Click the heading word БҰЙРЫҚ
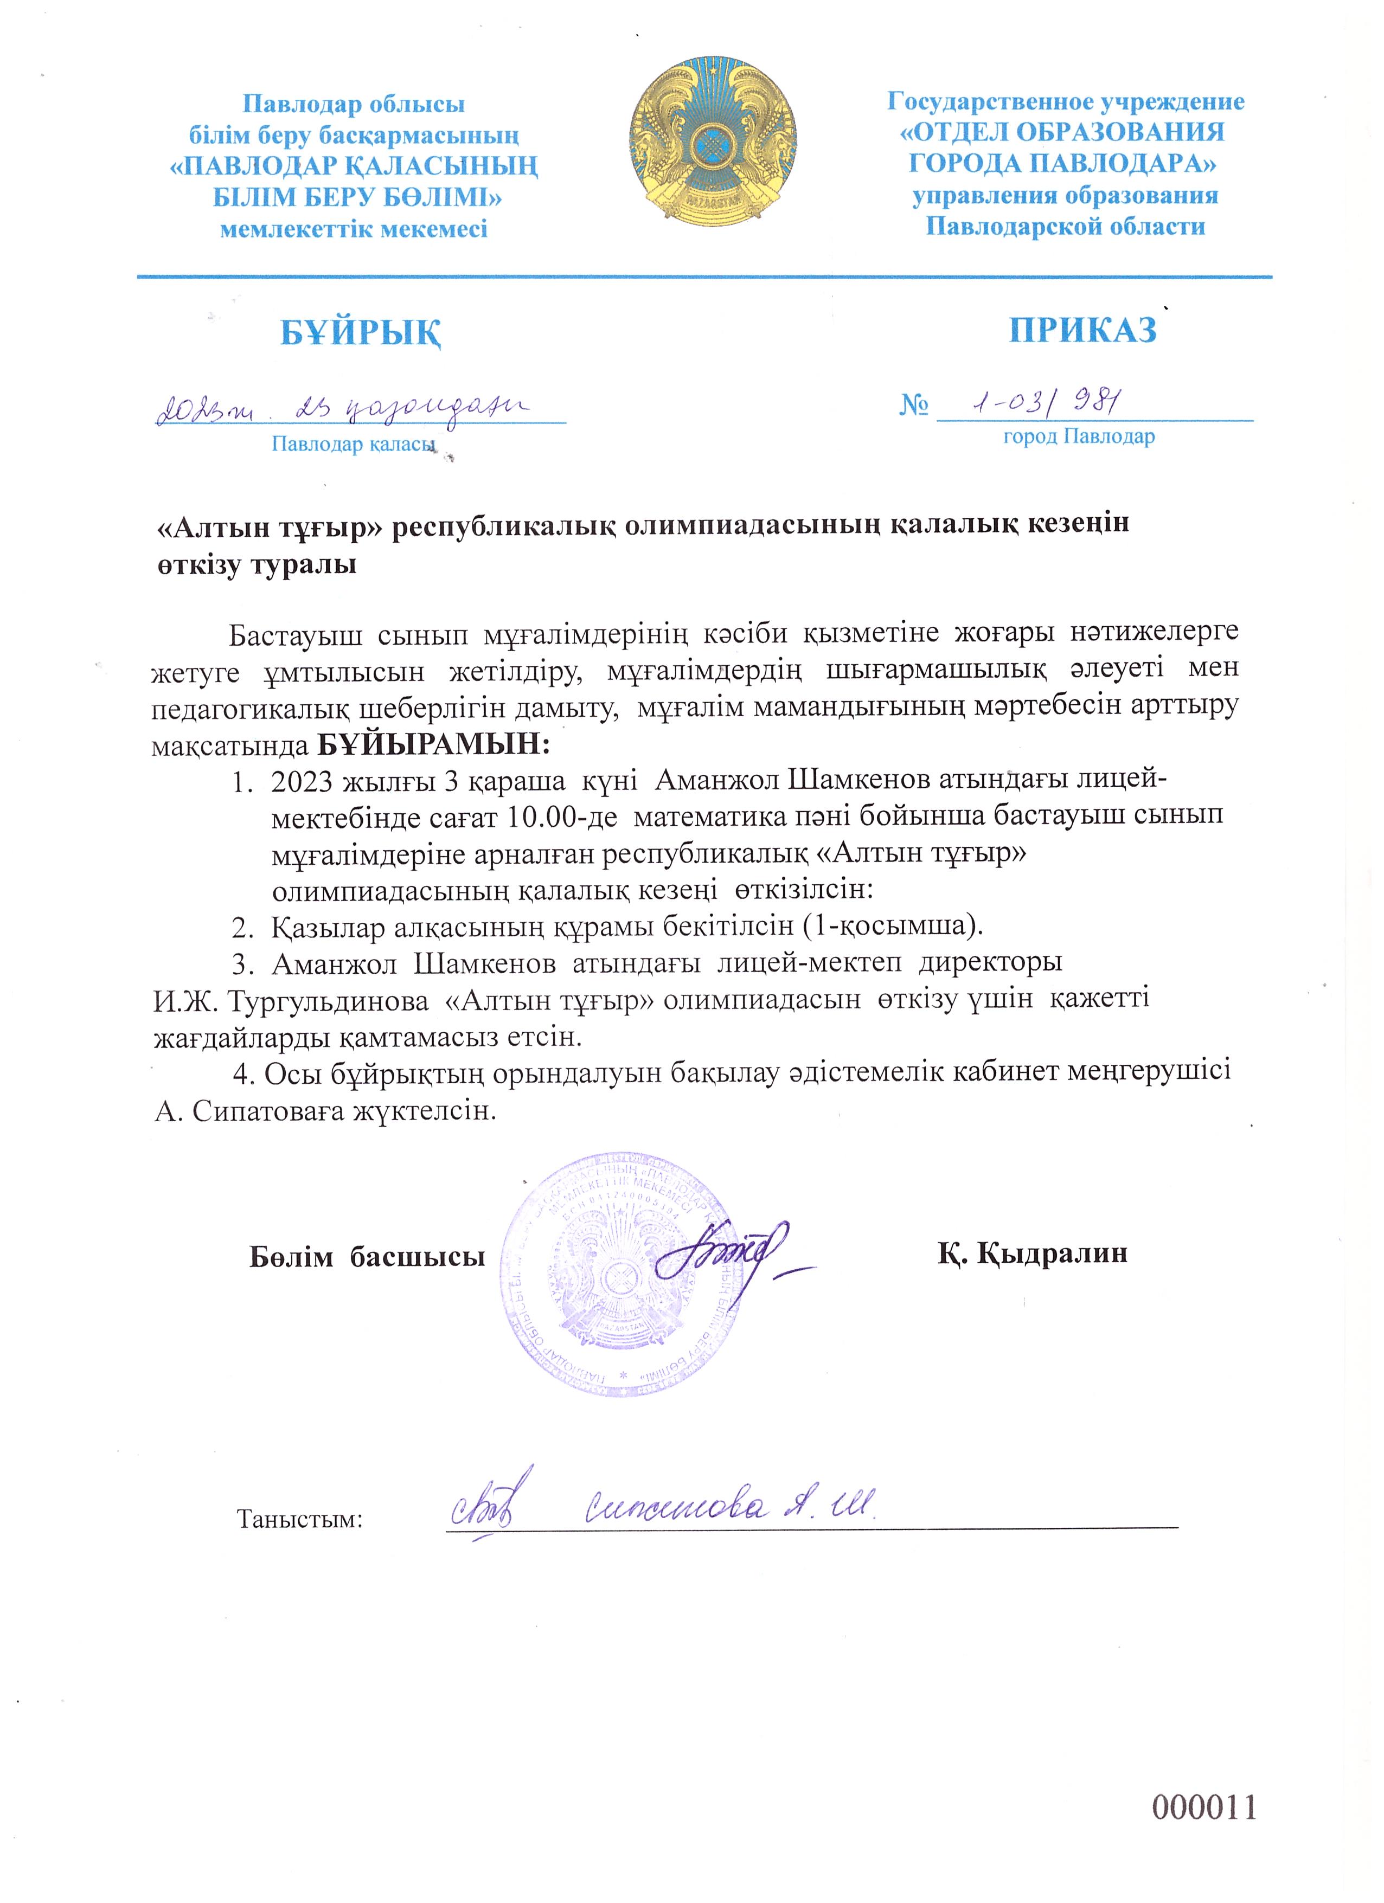point(361,333)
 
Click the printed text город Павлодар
point(1079,437)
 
